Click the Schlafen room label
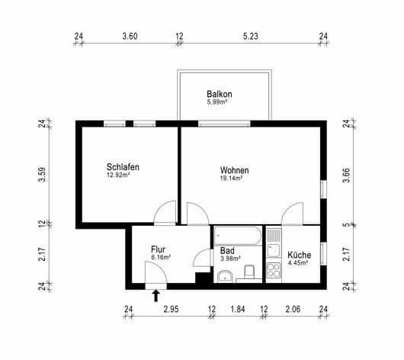[123, 167]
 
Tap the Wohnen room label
[234, 169]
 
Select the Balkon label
[219, 95]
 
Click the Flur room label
[158, 249]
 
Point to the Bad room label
[227, 249]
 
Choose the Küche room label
[298, 255]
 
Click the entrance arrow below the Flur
[156, 296]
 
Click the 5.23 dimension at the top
[251, 36]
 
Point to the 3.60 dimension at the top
[130, 36]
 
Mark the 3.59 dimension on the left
[42, 175]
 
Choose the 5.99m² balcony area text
[218, 102]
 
